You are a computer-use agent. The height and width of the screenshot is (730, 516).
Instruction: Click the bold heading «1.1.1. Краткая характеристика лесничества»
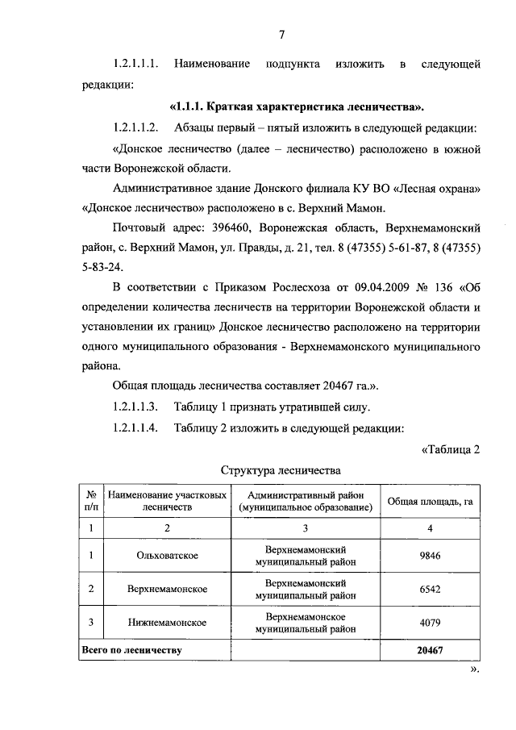coord(298,107)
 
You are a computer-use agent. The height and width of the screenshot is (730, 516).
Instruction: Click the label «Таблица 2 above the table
coord(451,449)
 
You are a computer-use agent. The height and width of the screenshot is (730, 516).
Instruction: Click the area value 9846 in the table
coord(430,556)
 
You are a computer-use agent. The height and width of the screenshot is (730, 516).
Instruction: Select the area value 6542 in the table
coord(430,589)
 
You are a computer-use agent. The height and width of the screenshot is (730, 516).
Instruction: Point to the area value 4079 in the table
coord(430,623)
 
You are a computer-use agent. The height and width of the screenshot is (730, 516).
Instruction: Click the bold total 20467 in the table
coord(430,649)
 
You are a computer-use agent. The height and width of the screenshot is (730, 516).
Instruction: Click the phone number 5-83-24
coord(133,266)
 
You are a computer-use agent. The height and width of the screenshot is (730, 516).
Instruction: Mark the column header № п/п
coord(91,501)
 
